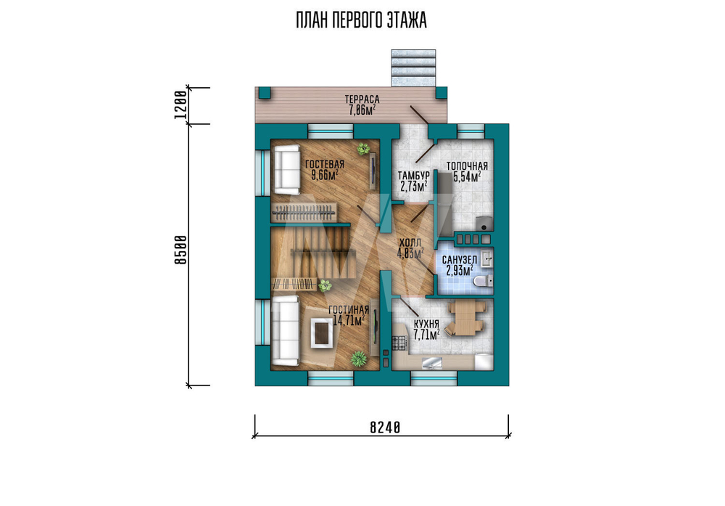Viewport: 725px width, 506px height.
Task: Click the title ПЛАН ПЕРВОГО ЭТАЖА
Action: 361,21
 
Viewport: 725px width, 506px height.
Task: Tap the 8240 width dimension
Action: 385,428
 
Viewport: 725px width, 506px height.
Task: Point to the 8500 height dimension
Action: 181,250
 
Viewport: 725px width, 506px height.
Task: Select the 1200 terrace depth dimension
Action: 181,105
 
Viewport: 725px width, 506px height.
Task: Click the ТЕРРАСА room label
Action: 362,99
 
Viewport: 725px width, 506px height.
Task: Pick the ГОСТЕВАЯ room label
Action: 325,164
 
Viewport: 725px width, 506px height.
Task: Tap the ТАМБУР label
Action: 414,176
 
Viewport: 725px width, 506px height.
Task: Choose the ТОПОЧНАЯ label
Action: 467,166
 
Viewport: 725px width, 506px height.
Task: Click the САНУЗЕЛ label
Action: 460,260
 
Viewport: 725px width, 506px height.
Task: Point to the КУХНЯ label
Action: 426,324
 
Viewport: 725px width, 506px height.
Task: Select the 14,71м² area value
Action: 349,320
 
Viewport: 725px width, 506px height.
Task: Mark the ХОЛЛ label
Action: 410,243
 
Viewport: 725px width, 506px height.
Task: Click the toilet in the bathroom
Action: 483,280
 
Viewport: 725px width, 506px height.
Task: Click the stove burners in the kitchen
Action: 399,343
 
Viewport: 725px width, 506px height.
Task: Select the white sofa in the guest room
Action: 286,169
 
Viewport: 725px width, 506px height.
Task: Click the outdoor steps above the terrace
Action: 413,68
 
